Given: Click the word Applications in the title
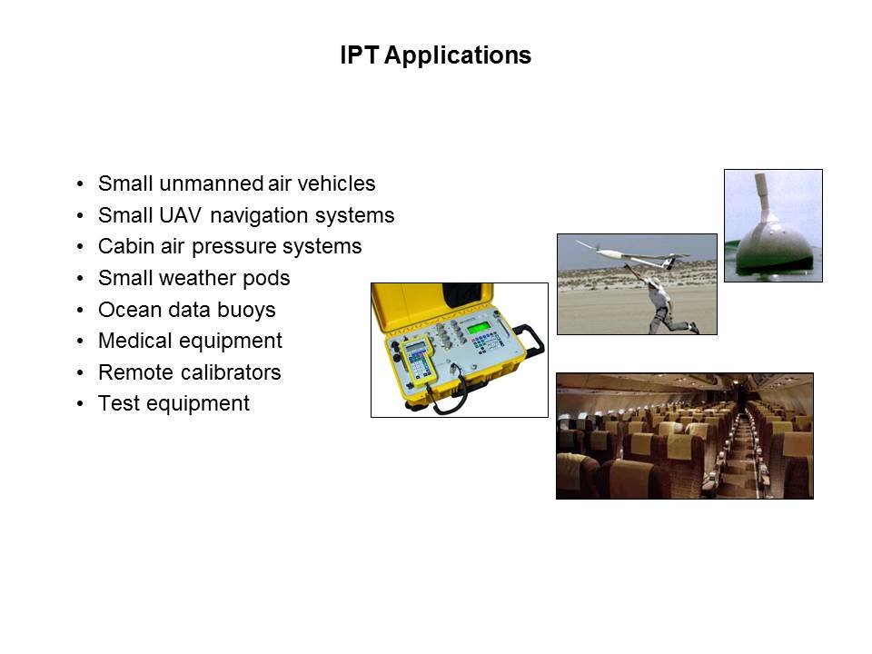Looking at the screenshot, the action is point(457,56).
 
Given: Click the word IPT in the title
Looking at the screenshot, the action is point(360,55).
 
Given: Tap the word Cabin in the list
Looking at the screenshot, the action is point(125,246).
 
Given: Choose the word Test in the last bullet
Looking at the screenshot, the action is point(118,403).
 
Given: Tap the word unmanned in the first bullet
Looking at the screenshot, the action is point(211,183).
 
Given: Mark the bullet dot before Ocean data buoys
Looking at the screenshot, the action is point(80,310).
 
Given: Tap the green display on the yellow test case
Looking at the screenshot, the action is point(479,328).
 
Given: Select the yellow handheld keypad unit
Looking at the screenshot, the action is point(416,362).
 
